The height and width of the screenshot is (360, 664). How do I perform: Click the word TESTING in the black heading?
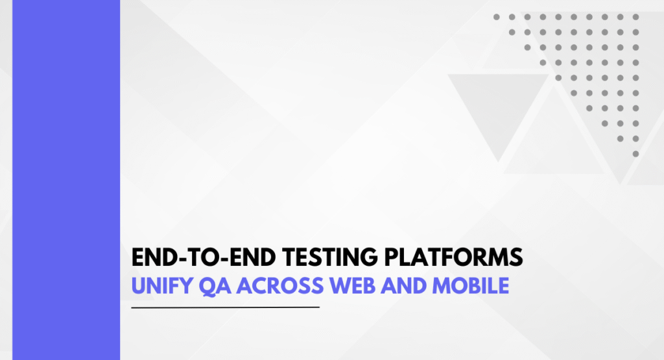[329, 257]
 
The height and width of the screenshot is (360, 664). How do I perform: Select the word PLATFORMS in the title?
[453, 257]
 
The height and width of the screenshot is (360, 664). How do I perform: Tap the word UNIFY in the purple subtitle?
[162, 286]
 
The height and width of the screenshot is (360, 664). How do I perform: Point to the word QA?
[215, 286]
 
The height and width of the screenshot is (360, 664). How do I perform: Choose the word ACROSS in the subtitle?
[280, 286]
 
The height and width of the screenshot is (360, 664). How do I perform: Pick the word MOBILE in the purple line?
[471, 286]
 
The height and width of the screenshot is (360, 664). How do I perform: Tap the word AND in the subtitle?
[403, 286]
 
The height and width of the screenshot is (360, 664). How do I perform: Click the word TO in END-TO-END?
[205, 257]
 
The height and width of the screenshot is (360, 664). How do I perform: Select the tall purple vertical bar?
[66, 180]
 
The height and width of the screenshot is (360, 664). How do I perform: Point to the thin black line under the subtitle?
[225, 307]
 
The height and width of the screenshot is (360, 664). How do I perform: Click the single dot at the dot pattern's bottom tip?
[635, 154]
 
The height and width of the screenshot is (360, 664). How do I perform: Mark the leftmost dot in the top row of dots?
[496, 17]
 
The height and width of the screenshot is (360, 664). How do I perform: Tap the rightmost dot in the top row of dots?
[635, 17]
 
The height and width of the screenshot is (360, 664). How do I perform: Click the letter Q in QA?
[207, 286]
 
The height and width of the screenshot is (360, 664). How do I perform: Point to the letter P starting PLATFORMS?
[391, 257]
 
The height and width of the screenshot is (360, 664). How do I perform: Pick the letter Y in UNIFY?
[185, 286]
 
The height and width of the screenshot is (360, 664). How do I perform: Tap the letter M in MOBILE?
[441, 286]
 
